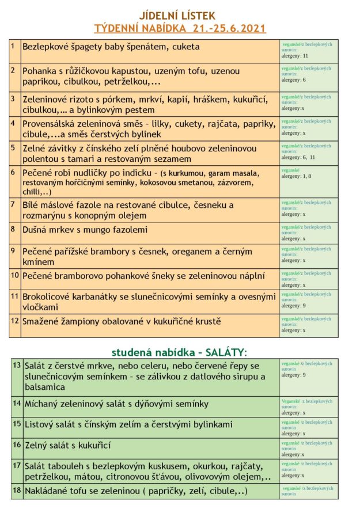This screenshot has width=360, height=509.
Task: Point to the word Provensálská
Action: pyautogui.click(x=54, y=123)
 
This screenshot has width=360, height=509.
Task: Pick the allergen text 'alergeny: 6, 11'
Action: pyautogui.click(x=298, y=157)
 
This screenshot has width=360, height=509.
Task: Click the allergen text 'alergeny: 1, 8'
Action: pyautogui.click(x=297, y=177)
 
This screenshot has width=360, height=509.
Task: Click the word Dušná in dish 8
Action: pyautogui.click(x=37, y=230)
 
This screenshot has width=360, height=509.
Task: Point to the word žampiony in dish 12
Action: pyautogui.click(x=86, y=321)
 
